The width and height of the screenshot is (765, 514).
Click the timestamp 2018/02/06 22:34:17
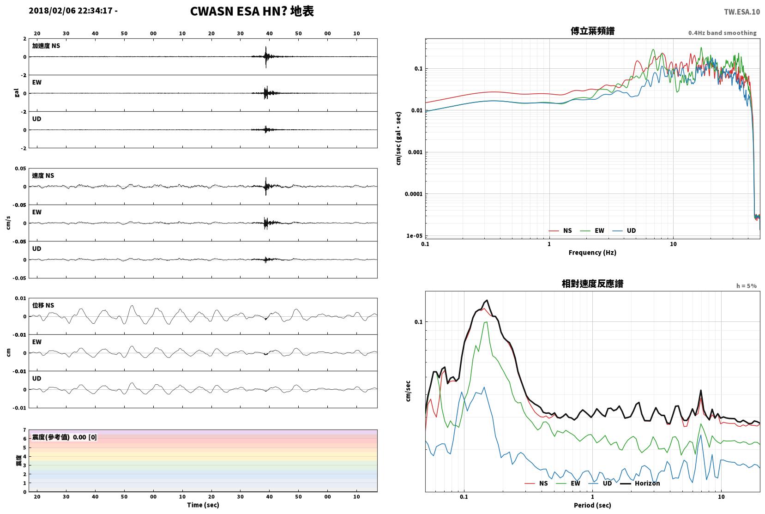coord(71,11)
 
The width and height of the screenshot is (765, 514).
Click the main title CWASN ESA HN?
coord(238,11)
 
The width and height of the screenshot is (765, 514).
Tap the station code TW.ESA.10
coord(742,12)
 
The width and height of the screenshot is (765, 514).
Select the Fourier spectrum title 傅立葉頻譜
coord(592,31)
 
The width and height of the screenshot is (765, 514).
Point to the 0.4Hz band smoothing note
coord(723,33)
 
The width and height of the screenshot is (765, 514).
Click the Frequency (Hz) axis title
coord(592,253)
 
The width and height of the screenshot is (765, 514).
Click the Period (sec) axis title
coord(592,505)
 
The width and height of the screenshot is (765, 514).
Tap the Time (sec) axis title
coord(203,505)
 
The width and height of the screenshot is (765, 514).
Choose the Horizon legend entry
coord(640,483)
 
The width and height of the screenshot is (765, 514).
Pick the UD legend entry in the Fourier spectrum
coord(624,230)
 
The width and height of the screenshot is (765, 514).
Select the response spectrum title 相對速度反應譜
coord(592,284)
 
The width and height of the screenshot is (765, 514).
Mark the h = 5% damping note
coord(746,286)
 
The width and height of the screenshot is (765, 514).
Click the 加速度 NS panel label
coord(46,46)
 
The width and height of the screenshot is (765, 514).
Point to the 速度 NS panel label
coord(43,175)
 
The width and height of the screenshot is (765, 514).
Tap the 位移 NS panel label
coord(43,305)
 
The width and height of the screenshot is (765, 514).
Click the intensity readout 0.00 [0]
coord(84,437)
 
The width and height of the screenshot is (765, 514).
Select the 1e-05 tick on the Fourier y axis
coord(414,236)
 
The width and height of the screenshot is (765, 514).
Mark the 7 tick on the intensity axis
coord(24,430)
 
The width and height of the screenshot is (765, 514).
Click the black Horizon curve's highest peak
coord(487,300)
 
